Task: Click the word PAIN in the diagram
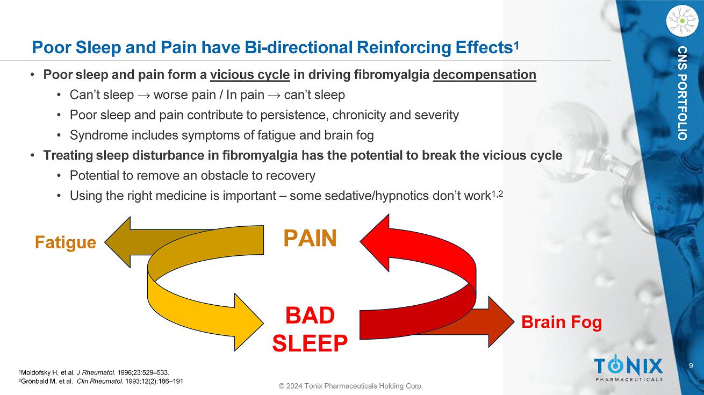310,238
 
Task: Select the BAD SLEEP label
310,329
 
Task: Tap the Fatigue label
66,243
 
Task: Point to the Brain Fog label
562,322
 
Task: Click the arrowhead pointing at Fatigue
118,242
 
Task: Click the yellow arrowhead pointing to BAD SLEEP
249,322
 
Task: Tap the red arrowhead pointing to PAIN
375,242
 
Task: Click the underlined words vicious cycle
250,75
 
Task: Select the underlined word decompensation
485,75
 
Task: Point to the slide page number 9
691,365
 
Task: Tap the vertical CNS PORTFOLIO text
682,94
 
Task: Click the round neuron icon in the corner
682,21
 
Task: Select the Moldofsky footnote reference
94,372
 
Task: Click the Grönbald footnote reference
100,382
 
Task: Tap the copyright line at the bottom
351,386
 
